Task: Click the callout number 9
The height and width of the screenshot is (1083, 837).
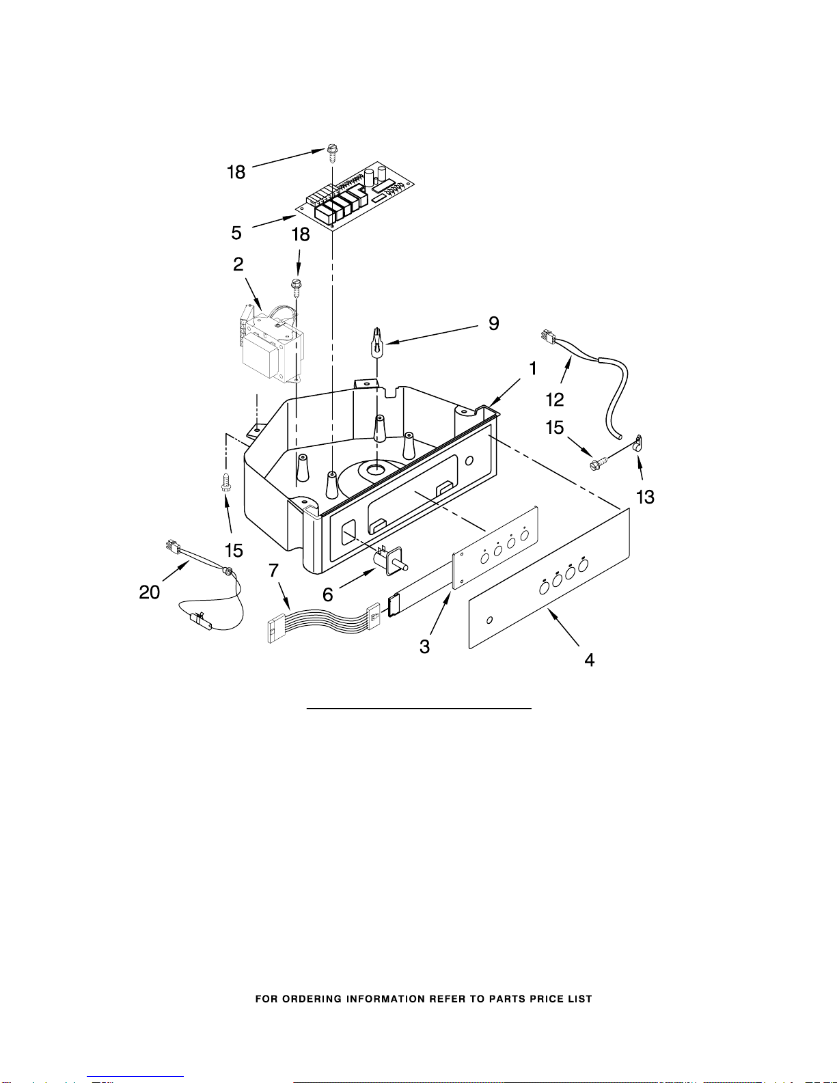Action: click(x=493, y=324)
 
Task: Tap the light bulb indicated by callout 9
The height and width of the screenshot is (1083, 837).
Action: click(x=378, y=342)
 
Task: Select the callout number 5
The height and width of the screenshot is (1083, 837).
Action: click(x=236, y=233)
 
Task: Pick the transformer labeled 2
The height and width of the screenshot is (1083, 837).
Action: click(x=272, y=345)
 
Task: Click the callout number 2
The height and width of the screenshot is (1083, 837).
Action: click(x=238, y=264)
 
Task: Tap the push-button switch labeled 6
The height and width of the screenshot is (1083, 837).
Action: click(x=391, y=560)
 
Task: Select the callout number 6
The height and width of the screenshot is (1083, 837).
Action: click(x=327, y=594)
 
